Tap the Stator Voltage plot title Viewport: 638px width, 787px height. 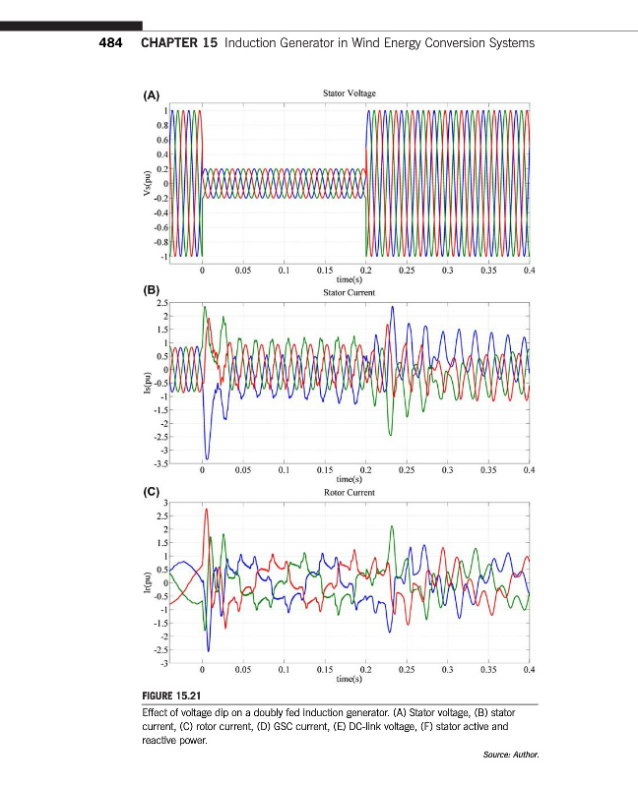349,93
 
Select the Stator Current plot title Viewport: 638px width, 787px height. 349,292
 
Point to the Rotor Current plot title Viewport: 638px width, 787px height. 349,492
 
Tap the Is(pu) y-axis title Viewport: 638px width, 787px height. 146,384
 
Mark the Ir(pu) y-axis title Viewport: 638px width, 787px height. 146,583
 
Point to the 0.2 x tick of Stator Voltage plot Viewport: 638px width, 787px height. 365,269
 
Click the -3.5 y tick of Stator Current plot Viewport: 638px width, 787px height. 159,462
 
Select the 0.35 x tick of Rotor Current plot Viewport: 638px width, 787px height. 487,669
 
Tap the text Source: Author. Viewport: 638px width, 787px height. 512,756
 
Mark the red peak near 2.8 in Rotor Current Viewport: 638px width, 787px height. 206,510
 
